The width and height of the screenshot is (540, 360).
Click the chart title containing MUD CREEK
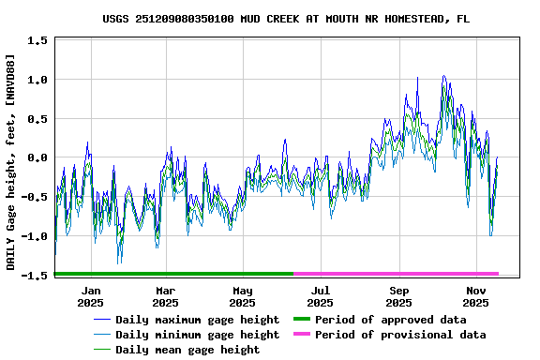click(x=286, y=19)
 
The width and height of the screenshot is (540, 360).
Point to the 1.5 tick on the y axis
click(x=38, y=40)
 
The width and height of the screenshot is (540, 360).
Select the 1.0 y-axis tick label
click(x=38, y=80)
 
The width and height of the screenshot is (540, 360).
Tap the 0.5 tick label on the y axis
click(x=38, y=119)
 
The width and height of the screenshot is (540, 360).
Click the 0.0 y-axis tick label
click(x=38, y=158)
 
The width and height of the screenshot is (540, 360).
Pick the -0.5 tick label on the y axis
click(x=36, y=198)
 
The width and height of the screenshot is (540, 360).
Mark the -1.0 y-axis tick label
click(x=36, y=237)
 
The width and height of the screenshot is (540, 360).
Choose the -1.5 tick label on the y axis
click(x=36, y=276)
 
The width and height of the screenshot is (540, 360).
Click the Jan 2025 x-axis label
click(x=90, y=296)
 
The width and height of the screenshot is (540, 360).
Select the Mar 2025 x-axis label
click(x=165, y=296)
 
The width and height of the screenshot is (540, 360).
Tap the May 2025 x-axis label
click(x=242, y=296)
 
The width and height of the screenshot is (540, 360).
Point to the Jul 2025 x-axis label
click(x=320, y=296)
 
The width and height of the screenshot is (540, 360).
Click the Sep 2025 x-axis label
click(x=398, y=296)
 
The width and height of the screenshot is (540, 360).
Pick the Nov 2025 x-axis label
click(x=475, y=296)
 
